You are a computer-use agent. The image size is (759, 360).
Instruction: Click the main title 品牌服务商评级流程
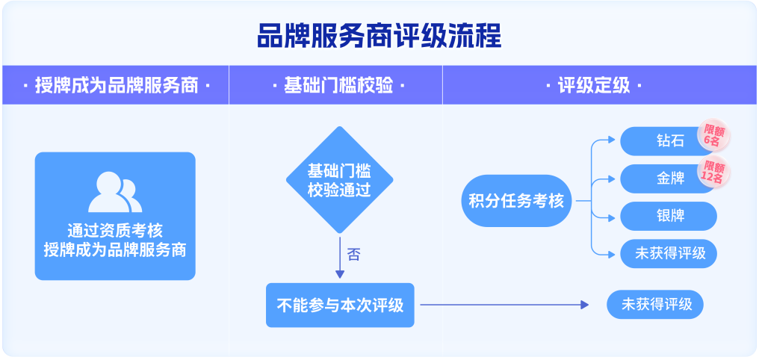pyautogui.click(x=379, y=37)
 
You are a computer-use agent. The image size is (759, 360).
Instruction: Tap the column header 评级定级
pyautogui.click(x=594, y=87)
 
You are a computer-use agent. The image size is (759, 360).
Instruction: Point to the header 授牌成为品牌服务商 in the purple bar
pyautogui.click(x=117, y=87)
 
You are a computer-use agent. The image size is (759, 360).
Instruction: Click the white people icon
pyautogui.click(x=115, y=192)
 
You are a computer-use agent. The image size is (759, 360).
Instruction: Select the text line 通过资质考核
pyautogui.click(x=115, y=230)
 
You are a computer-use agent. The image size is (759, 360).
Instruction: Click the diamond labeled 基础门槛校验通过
pyautogui.click(x=340, y=180)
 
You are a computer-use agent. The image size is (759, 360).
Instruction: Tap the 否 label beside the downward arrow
pyautogui.click(x=354, y=254)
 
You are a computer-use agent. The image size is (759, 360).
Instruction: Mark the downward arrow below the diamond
pyautogui.click(x=340, y=258)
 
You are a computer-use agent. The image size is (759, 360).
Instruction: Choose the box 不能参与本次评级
pyautogui.click(x=340, y=305)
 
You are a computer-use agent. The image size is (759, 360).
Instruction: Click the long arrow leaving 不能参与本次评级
pyautogui.click(x=504, y=305)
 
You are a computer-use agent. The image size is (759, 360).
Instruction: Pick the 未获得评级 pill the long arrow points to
pyautogui.click(x=655, y=304)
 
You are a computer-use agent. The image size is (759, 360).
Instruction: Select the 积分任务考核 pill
pyautogui.click(x=516, y=201)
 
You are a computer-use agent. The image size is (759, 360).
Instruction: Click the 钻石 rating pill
pyautogui.click(x=669, y=141)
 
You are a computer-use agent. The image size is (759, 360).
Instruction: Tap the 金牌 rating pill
pyautogui.click(x=669, y=179)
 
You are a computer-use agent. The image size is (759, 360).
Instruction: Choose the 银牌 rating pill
pyautogui.click(x=669, y=217)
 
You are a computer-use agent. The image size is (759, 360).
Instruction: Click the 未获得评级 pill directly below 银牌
pyautogui.click(x=669, y=253)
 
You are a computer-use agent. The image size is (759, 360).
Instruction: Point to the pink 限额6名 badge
pyautogui.click(x=713, y=135)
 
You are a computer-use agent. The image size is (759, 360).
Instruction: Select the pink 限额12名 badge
pyautogui.click(x=713, y=173)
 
